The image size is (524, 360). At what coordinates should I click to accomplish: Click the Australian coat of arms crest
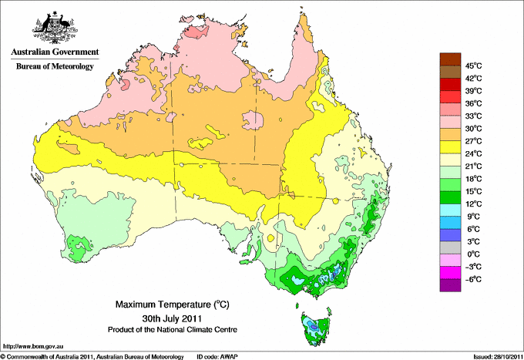pyautogui.click(x=52, y=27)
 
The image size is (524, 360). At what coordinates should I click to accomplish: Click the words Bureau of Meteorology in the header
pyautogui.click(x=54, y=66)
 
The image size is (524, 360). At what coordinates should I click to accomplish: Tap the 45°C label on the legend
pyautogui.click(x=473, y=66)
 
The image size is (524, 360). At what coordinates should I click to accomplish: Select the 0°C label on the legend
pyautogui.click(x=472, y=254)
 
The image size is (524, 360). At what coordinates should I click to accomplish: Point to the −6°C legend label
pyautogui.click(x=472, y=279)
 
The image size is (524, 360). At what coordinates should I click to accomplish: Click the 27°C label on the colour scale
pyautogui.click(x=473, y=141)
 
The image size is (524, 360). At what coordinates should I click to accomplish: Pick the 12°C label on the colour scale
pyautogui.click(x=473, y=204)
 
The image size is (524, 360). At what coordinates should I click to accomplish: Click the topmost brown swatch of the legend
pyautogui.click(x=448, y=59)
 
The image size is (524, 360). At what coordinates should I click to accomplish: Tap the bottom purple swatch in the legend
pyautogui.click(x=448, y=285)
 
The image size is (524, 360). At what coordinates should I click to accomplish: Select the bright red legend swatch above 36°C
pyautogui.click(x=448, y=96)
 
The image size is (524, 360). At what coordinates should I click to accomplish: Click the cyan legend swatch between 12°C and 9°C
pyautogui.click(x=448, y=210)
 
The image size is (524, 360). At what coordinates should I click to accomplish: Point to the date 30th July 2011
pyautogui.click(x=171, y=318)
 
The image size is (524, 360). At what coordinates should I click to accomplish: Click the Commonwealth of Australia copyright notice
pyautogui.click(x=92, y=355)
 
